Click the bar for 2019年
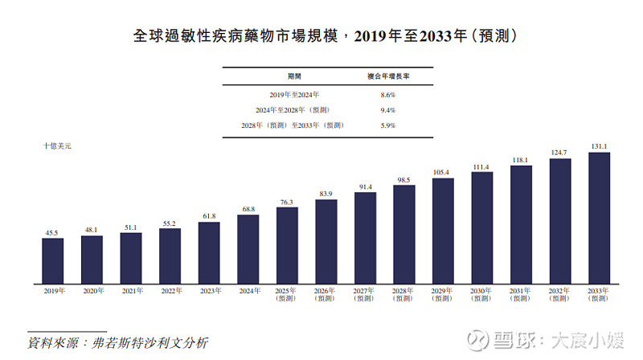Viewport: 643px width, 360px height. [52, 261]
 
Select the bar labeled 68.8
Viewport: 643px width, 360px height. [248, 249]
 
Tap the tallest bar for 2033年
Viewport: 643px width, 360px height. [600, 218]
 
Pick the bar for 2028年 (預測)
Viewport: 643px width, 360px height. [404, 235]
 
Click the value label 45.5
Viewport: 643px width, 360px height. [52, 233]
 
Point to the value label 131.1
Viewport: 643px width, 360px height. [600, 146]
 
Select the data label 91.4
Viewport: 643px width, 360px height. [365, 186]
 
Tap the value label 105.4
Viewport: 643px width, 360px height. [443, 173]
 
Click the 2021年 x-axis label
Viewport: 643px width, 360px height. [130, 290]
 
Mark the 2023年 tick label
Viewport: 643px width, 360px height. [208, 290]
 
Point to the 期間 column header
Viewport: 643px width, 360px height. [294, 76]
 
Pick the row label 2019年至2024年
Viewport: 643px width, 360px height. [294, 95]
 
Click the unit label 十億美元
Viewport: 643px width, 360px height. [58, 146]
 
